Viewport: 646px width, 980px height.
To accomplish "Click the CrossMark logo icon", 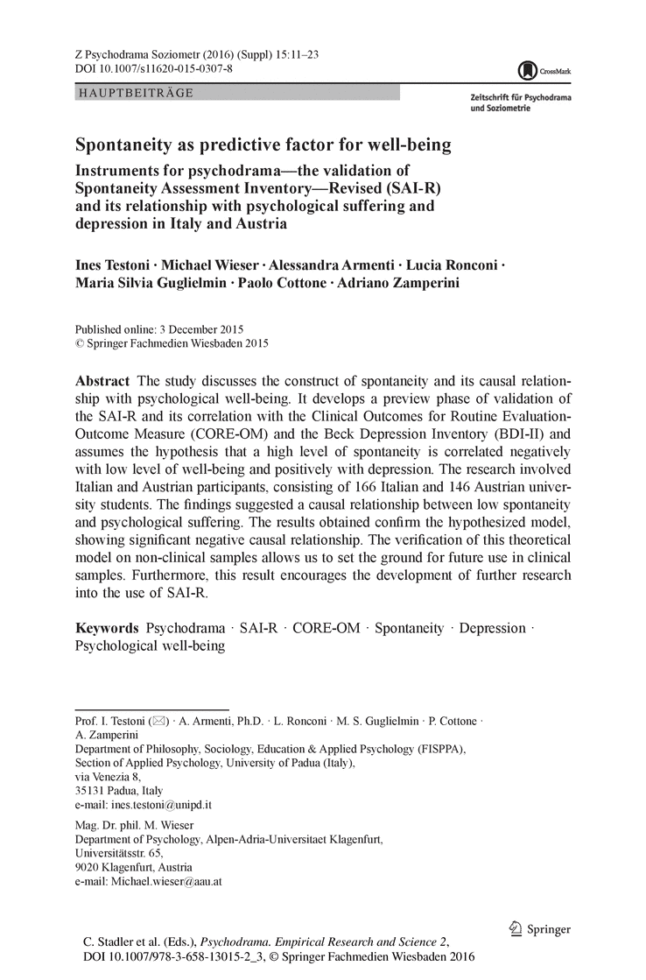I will [x=527, y=70].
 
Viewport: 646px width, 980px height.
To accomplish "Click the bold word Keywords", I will [x=107, y=628].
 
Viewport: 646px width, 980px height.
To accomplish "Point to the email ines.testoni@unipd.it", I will [x=163, y=804].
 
